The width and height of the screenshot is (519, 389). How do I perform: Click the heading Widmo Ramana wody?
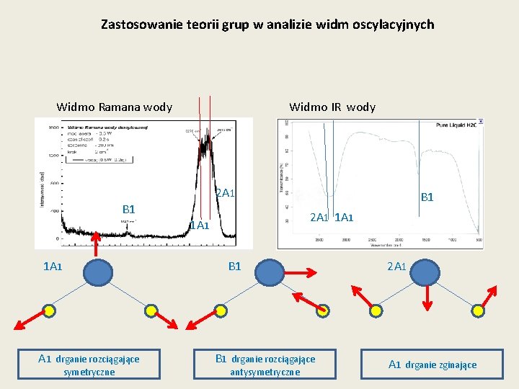[x=115, y=107]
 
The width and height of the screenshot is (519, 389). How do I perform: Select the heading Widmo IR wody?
[x=332, y=107]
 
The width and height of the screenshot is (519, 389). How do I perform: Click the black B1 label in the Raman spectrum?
[x=129, y=210]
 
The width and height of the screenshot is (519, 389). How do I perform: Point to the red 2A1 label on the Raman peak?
[x=225, y=193]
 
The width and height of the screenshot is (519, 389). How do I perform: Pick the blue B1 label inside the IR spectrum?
[x=427, y=197]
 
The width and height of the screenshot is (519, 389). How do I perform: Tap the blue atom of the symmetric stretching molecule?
[x=98, y=273]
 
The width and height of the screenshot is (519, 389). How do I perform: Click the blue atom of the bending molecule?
[x=425, y=273]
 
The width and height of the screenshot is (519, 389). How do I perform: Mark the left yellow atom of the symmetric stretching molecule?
[x=49, y=310]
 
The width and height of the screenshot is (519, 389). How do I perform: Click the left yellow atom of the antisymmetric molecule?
[x=221, y=310]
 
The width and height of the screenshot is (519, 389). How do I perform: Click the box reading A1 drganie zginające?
[x=432, y=365]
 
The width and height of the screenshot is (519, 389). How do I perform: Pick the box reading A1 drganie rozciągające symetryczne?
[x=89, y=365]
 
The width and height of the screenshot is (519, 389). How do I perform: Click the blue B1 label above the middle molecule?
[x=234, y=267]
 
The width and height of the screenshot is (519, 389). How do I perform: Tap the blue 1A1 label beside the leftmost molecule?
[x=53, y=267]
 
